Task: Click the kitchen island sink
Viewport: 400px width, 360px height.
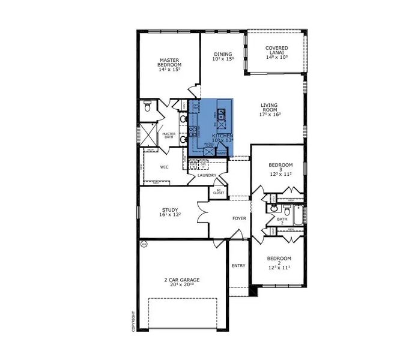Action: tap(220, 113)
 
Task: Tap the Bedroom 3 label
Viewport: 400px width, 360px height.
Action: tap(280, 165)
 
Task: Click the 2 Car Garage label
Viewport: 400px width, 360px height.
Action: tap(182, 280)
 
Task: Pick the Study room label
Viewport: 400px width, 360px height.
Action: tap(171, 210)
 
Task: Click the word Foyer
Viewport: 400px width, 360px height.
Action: tap(239, 218)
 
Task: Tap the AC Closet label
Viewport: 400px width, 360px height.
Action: tap(219, 192)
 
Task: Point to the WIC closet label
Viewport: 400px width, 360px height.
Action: tap(163, 167)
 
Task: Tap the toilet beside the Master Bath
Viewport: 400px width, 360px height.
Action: tap(148, 109)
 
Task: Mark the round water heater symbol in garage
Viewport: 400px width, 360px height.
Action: tap(144, 244)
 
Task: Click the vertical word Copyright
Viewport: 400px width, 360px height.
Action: tap(133, 321)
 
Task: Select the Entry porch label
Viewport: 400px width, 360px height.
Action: tap(238, 265)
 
